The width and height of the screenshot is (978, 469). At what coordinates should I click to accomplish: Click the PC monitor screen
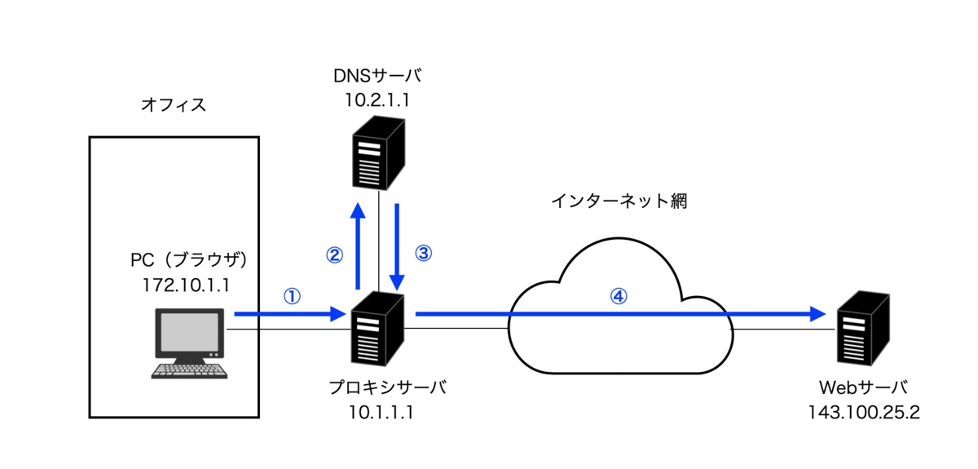click(188, 334)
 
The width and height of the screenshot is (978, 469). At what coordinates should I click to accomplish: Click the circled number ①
click(291, 295)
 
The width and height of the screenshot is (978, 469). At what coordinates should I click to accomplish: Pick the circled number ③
click(422, 254)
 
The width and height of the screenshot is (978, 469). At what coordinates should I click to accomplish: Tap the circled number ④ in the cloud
click(619, 296)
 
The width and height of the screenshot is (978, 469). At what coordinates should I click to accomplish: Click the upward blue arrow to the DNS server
click(357, 245)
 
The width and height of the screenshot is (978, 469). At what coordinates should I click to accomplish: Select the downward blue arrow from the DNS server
click(398, 245)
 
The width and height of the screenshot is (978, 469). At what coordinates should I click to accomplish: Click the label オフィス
click(173, 104)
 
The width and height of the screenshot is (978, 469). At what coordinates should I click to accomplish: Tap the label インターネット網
click(619, 201)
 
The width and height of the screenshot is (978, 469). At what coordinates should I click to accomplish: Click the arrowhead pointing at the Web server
click(817, 313)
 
